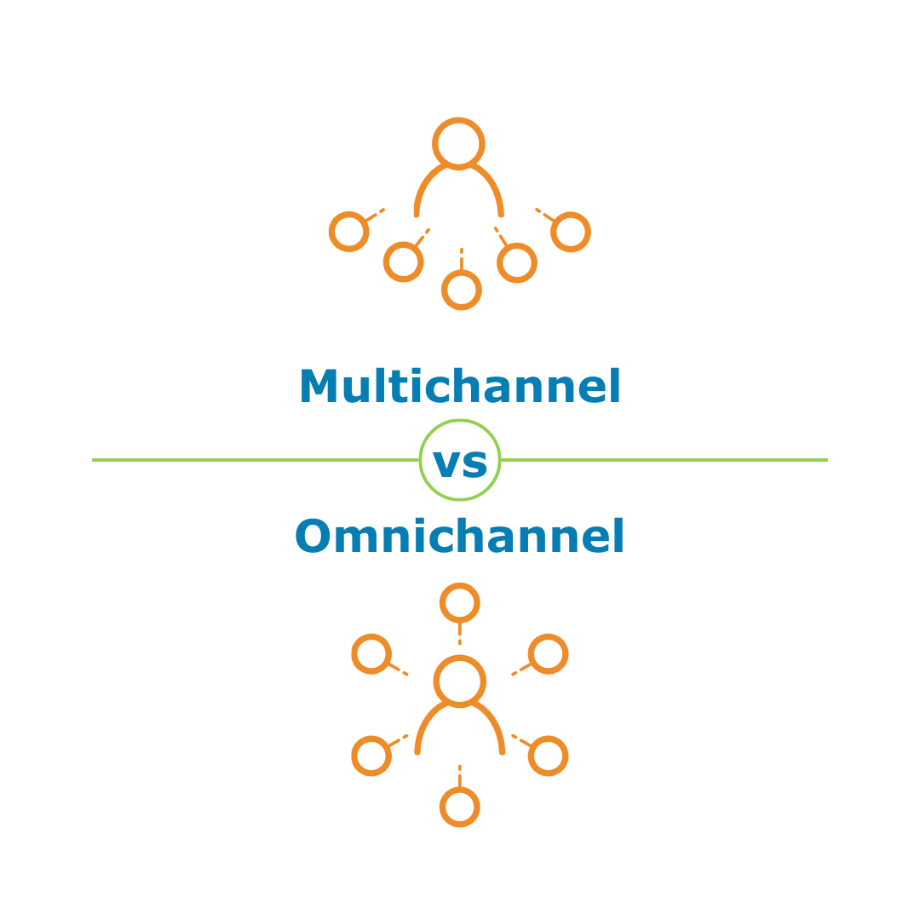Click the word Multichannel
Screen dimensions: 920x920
(x=460, y=388)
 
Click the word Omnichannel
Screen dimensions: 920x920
(x=460, y=538)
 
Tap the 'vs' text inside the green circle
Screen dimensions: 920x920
(x=460, y=463)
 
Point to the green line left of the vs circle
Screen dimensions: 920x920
(x=256, y=460)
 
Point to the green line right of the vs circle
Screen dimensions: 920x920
(x=664, y=460)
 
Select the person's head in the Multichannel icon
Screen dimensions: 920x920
(x=459, y=143)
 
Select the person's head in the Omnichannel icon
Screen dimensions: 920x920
(x=460, y=681)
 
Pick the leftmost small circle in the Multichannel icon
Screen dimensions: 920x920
(x=349, y=231)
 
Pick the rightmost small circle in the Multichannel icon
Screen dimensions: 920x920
(x=571, y=232)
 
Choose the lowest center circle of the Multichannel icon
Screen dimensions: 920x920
(x=462, y=290)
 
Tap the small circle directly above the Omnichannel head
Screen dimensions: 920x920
(x=460, y=603)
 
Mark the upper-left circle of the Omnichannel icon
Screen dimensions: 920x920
(x=371, y=654)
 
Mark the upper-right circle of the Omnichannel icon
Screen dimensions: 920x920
(x=548, y=654)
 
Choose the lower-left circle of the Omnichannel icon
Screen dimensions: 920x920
(x=371, y=756)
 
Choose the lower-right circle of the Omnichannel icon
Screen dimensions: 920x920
(x=548, y=756)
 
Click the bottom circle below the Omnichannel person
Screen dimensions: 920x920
(x=460, y=807)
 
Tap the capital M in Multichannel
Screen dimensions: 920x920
(x=317, y=388)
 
